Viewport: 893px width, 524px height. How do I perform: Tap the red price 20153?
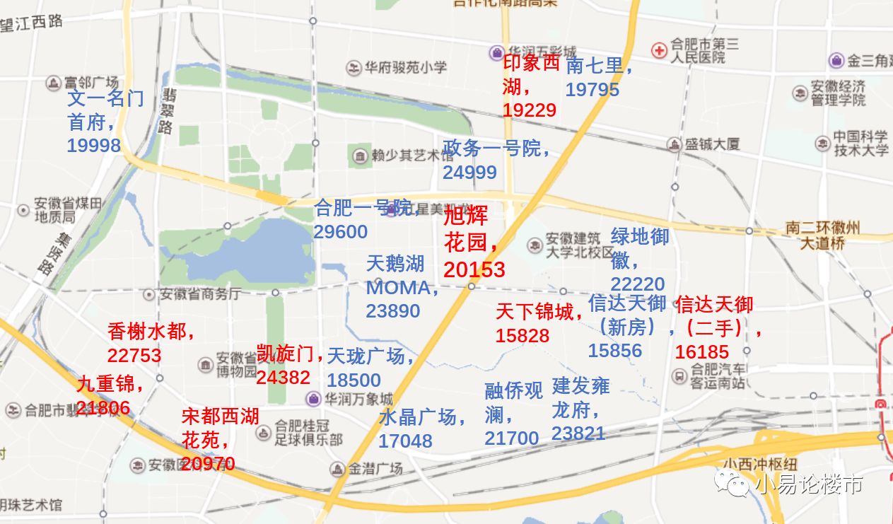click(x=474, y=269)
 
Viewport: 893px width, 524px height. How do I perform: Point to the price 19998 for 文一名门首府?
click(x=93, y=146)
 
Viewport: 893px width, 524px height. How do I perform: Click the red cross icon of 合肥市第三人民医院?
click(x=659, y=50)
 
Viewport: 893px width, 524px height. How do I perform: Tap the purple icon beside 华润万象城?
click(x=313, y=399)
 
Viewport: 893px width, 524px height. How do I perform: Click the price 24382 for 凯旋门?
click(x=283, y=378)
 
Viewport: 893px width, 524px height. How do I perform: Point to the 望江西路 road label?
click(x=31, y=23)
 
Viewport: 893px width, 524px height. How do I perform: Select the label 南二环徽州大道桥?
click(x=822, y=235)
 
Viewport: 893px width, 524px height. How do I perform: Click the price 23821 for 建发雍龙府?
click(x=578, y=433)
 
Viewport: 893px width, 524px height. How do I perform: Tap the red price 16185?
click(x=701, y=352)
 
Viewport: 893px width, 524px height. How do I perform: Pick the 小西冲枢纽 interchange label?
click(x=760, y=465)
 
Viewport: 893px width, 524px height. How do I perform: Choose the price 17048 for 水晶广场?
click(x=405, y=441)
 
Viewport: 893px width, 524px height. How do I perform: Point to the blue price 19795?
click(x=592, y=90)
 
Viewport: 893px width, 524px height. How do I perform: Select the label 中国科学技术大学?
click(x=860, y=143)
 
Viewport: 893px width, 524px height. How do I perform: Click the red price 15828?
click(x=522, y=336)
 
